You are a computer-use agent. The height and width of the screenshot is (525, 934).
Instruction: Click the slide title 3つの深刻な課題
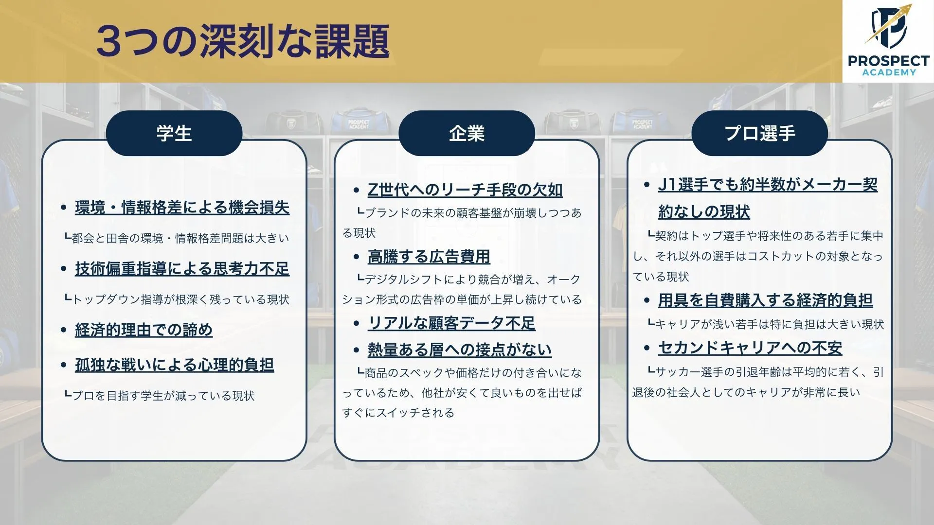click(x=243, y=42)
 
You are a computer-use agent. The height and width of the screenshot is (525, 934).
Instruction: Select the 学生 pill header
click(x=174, y=133)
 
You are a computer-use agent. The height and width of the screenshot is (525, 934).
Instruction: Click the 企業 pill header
click(x=467, y=133)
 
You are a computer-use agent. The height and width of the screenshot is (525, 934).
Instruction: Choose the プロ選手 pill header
click(x=759, y=133)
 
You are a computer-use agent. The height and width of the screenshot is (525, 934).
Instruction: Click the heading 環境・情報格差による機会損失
click(x=182, y=208)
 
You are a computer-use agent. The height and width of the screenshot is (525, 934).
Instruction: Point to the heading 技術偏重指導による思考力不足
click(x=182, y=268)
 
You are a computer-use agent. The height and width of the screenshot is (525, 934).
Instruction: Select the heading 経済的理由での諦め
click(x=144, y=330)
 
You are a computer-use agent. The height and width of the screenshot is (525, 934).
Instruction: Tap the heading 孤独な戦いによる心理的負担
click(x=174, y=365)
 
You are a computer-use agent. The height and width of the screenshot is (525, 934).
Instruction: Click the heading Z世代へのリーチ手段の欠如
click(x=465, y=190)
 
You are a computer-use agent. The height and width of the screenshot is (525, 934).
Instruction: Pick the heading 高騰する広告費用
click(x=429, y=256)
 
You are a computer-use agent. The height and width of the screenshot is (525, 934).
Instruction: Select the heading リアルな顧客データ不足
click(x=451, y=323)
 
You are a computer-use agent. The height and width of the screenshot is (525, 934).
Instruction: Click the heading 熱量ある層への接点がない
click(x=459, y=350)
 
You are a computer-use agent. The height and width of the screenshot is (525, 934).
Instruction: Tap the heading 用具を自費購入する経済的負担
click(x=765, y=300)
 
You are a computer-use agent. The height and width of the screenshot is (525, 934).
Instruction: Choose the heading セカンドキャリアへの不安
click(x=750, y=348)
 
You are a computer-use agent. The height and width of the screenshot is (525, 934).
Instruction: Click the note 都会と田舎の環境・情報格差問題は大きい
click(x=177, y=238)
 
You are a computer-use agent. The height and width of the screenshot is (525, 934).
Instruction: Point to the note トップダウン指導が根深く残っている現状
click(x=177, y=299)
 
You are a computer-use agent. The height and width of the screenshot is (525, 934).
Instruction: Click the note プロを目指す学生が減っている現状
click(x=160, y=396)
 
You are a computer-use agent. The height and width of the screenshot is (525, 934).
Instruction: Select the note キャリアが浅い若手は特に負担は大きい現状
click(x=765, y=324)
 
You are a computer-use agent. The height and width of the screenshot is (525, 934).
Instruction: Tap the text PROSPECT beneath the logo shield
click(x=888, y=61)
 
